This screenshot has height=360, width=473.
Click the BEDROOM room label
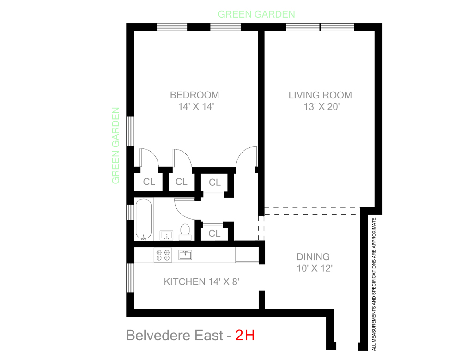(x=194, y=95)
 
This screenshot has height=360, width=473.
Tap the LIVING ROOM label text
(x=320, y=95)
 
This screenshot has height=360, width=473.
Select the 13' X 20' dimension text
(x=320, y=107)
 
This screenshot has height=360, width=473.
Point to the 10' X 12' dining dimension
(x=314, y=269)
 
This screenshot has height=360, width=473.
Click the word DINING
(x=313, y=257)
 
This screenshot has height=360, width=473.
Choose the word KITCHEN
(x=184, y=281)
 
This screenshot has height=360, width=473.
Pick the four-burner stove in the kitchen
(x=163, y=255)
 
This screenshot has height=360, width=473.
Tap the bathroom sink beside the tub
(x=166, y=236)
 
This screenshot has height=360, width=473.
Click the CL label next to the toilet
(x=214, y=233)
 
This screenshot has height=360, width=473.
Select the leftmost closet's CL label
(x=149, y=182)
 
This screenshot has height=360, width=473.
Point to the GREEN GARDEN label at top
(x=256, y=14)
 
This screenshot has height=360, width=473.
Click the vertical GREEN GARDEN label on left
(x=115, y=146)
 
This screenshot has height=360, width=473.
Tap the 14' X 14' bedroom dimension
(x=194, y=107)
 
